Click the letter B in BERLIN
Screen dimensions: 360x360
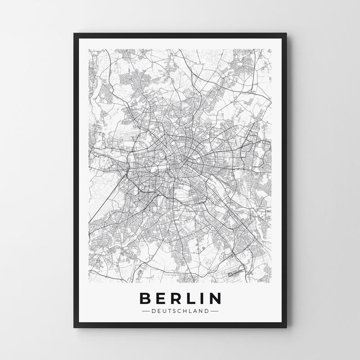click(x=146, y=299)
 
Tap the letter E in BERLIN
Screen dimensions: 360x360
click(x=161, y=299)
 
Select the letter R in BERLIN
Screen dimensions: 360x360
click(x=176, y=299)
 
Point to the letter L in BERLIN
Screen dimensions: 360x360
click(x=191, y=299)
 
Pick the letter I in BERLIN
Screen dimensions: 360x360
click(x=201, y=299)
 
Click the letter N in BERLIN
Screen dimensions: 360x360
click(x=214, y=299)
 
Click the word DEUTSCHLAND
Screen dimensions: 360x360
click(x=180, y=310)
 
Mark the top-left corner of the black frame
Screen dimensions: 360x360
click(x=73, y=33)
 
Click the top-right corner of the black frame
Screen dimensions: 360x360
click(x=287, y=33)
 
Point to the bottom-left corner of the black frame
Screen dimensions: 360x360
click(x=73, y=327)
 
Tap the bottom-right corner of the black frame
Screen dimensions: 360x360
click(x=287, y=327)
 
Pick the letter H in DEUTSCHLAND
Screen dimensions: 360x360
click(x=186, y=310)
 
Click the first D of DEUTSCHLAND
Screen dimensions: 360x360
click(x=154, y=310)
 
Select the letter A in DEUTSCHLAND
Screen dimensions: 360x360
click(x=196, y=310)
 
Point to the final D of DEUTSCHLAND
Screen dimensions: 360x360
click(x=207, y=310)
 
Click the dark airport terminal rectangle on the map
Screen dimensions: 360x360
click(x=234, y=273)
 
